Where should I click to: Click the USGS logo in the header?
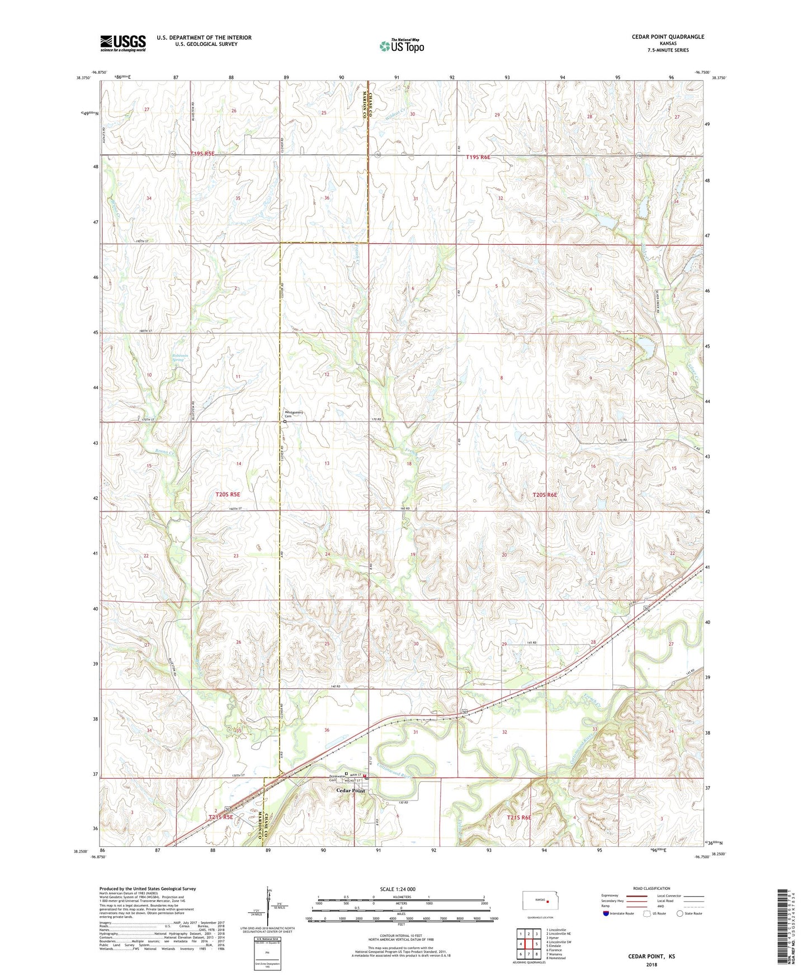[123, 43]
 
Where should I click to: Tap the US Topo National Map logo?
[401, 46]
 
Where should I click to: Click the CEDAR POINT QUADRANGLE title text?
[668, 37]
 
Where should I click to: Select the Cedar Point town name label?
[351, 790]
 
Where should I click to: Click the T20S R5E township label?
[228, 494]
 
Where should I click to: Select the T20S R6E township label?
[544, 495]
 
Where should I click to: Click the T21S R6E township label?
[518, 817]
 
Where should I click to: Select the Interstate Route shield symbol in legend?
[607, 913]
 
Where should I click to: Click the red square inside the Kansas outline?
[547, 901]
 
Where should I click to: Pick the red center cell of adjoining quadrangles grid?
[528, 944]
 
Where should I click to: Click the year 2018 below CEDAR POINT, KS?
[651, 964]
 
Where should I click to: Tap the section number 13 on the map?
[327, 463]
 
